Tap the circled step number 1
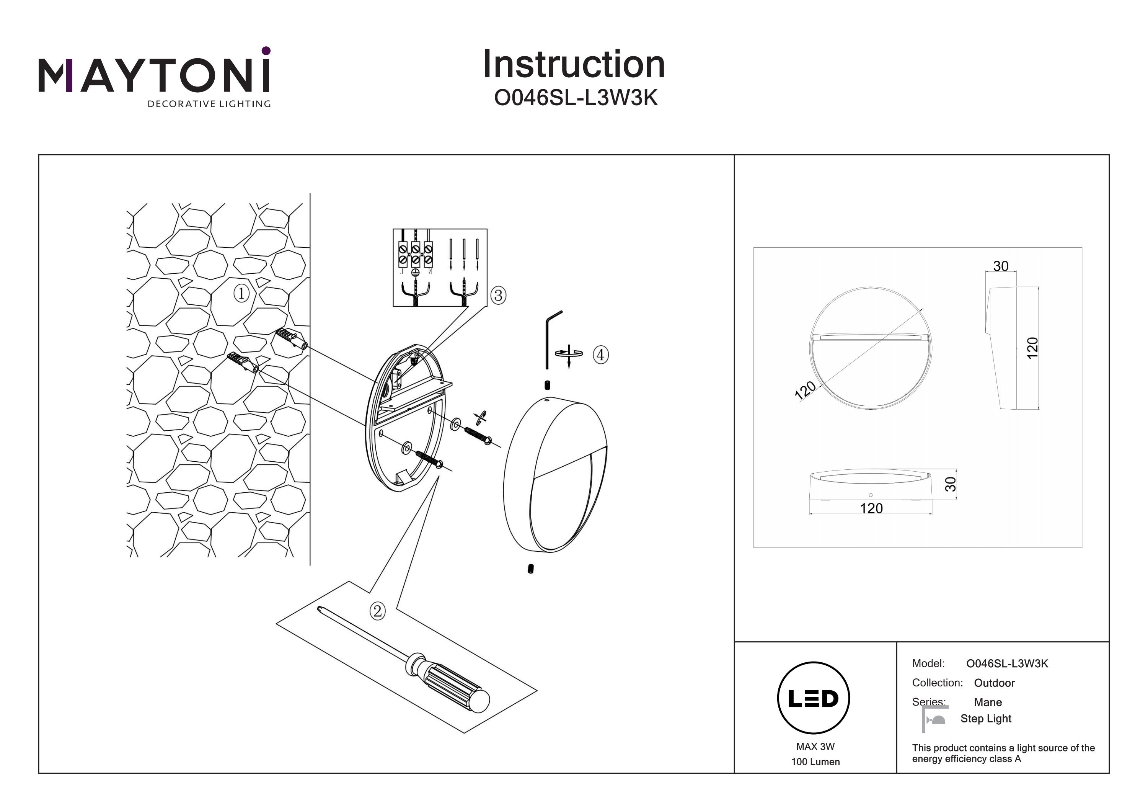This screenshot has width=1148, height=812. (241, 293)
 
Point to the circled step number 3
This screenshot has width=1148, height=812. (498, 295)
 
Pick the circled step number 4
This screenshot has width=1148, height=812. (600, 355)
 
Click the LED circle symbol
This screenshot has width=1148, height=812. (813, 698)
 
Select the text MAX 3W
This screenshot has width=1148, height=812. (815, 747)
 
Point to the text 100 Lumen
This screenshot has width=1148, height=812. (815, 762)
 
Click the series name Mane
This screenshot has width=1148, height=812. (988, 702)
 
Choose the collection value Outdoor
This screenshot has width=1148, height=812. (994, 683)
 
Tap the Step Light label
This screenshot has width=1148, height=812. (985, 719)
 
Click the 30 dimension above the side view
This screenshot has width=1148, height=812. (1001, 266)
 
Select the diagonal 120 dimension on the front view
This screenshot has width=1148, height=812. (805, 390)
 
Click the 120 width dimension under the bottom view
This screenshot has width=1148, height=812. (871, 508)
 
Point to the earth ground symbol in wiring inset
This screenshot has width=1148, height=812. (414, 272)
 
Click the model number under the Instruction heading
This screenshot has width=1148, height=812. (576, 98)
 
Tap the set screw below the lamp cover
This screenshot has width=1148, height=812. (530, 569)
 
